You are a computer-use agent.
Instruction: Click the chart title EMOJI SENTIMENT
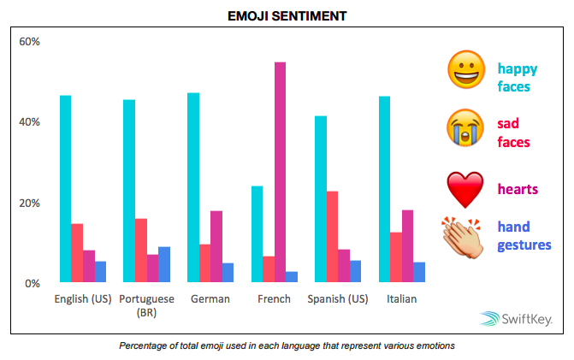point(287,15)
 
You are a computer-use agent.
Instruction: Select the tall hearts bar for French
point(280,172)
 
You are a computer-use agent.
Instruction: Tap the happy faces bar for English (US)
point(66,188)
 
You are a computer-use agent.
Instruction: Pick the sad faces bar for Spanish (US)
point(332,236)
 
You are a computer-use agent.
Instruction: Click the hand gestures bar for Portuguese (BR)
point(164,264)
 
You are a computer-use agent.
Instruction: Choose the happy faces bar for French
point(257,233)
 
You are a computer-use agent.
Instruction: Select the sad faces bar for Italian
point(395,257)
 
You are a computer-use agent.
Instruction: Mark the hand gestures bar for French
point(292,276)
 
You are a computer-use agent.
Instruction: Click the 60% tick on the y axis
point(29,41)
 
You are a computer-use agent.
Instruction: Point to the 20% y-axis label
point(29,203)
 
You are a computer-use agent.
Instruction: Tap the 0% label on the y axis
point(32,283)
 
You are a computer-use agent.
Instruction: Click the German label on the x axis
point(210,299)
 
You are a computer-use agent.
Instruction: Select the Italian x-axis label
point(401,299)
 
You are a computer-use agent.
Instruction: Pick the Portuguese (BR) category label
point(146,305)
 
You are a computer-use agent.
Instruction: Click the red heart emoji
point(465,188)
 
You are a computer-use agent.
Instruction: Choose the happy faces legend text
point(518,77)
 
